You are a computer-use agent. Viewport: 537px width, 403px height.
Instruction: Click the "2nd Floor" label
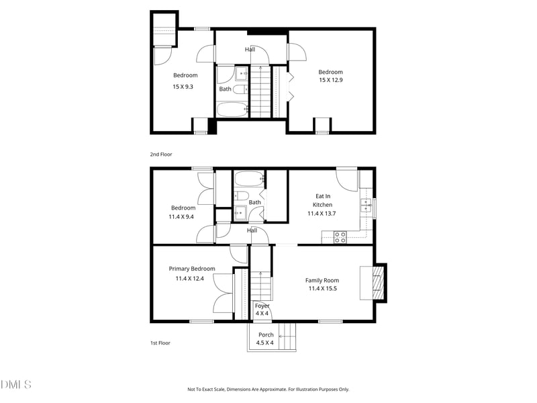tap(160, 154)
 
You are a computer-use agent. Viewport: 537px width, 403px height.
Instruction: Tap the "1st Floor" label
tap(160, 343)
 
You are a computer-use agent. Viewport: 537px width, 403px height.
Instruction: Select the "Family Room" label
tap(322, 281)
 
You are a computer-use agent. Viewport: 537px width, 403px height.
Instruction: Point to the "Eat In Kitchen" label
tap(323, 200)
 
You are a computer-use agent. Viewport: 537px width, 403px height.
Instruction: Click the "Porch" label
tap(266, 334)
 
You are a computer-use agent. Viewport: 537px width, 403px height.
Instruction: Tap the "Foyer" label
tap(262, 306)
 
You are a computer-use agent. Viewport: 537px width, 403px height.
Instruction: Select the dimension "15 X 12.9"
tap(330, 81)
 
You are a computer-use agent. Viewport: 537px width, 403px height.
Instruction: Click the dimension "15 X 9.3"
tap(183, 86)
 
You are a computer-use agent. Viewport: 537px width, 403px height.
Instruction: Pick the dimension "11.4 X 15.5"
tap(322, 289)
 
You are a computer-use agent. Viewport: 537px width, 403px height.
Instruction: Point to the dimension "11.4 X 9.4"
tap(181, 216)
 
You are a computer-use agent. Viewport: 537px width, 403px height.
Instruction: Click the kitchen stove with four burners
tap(340, 236)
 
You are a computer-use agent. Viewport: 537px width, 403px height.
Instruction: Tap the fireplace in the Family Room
tap(378, 283)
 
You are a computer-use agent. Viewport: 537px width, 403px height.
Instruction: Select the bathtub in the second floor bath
tap(232, 109)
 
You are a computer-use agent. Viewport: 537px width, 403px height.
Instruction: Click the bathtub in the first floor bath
tap(249, 179)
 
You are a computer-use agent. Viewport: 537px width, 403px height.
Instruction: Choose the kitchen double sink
tap(367, 206)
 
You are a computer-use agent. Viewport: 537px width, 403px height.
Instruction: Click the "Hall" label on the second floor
tap(250, 49)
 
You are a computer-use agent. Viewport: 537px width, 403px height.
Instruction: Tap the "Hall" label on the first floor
tap(252, 230)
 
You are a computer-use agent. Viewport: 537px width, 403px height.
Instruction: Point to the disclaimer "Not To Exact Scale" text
tap(268, 389)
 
